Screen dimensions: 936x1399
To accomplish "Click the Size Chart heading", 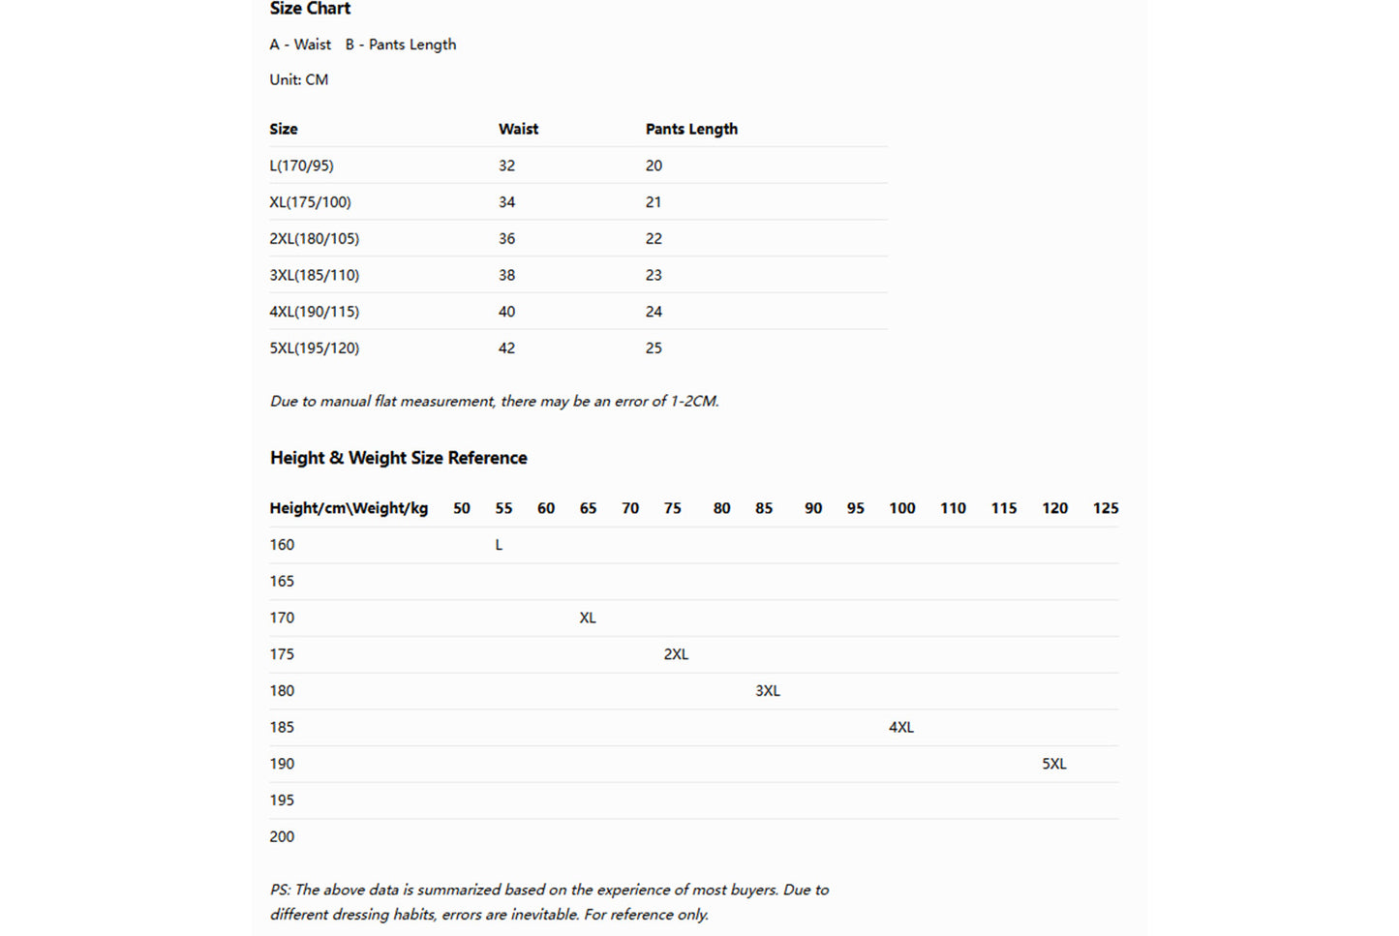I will click(x=310, y=9).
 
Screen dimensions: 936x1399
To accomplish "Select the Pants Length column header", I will click(x=691, y=129).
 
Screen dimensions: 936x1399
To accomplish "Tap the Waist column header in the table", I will click(x=518, y=129).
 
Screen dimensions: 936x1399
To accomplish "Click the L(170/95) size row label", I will click(x=301, y=166).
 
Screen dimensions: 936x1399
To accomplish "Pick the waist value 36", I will click(x=506, y=238).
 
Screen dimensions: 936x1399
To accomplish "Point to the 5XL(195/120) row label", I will click(x=314, y=347).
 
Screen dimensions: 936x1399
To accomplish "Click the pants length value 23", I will click(x=654, y=275).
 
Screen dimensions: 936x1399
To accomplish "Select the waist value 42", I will click(x=506, y=347).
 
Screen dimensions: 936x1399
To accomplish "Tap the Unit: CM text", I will click(x=299, y=79).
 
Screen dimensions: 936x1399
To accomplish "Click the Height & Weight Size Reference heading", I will click(x=398, y=458).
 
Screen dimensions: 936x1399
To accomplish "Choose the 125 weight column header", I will click(x=1105, y=508).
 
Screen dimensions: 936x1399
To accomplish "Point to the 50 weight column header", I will click(x=462, y=508).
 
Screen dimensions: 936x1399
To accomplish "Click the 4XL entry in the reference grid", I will click(x=900, y=727).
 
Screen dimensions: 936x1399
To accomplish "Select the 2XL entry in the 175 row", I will click(x=676, y=654).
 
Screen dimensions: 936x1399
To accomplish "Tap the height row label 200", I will click(x=282, y=836).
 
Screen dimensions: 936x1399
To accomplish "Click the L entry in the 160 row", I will click(x=499, y=545).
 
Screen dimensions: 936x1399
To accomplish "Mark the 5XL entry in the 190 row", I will click(x=1053, y=764).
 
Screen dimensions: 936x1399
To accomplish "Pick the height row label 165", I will click(x=282, y=581).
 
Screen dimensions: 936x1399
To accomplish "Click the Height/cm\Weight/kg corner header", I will click(x=349, y=508).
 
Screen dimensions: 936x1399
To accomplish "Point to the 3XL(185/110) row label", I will click(x=314, y=275).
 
